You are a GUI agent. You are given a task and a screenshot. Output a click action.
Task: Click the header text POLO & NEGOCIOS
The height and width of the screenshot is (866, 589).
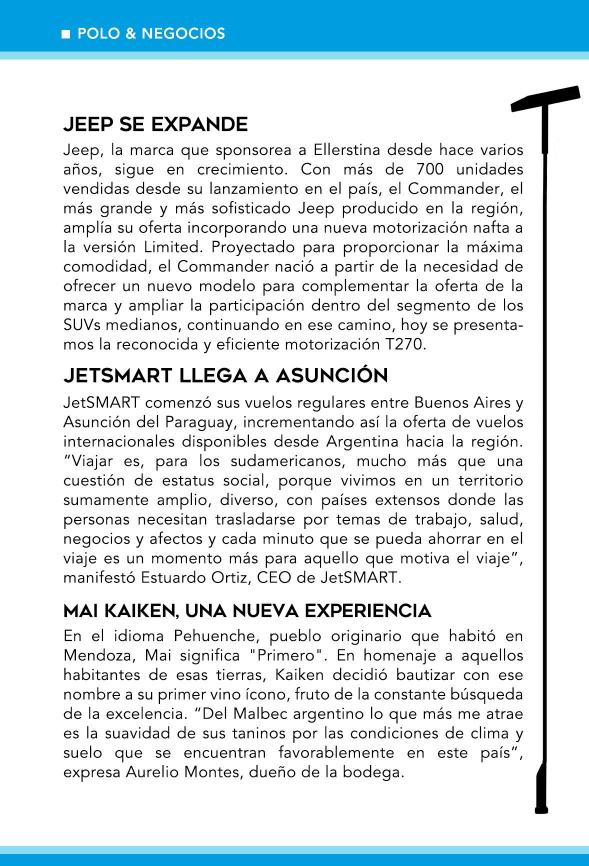(x=151, y=33)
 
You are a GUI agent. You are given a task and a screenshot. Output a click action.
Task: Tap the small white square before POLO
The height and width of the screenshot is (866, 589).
(x=65, y=34)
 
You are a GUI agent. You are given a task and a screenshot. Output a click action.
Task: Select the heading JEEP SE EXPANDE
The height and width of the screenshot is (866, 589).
(x=155, y=124)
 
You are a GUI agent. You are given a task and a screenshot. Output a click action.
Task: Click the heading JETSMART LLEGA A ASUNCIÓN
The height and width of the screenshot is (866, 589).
(x=225, y=375)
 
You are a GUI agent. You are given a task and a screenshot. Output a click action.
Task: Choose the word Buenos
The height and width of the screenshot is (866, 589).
(x=443, y=402)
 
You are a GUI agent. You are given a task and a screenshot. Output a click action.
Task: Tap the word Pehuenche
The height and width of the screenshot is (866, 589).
(x=216, y=636)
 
